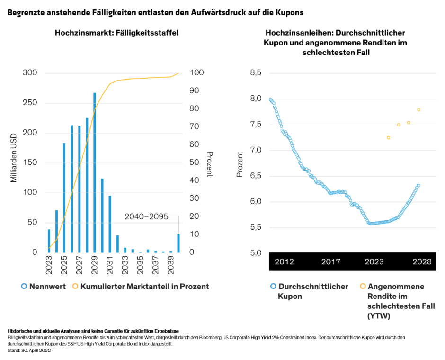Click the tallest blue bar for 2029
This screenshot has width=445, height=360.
(95, 172)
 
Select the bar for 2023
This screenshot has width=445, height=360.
(49, 241)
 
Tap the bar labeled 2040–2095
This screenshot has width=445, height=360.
(178, 243)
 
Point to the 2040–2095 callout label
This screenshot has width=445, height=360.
(146, 216)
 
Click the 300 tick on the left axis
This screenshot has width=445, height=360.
(30, 73)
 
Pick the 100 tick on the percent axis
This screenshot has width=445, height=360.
(197, 73)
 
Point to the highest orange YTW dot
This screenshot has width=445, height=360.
(418, 110)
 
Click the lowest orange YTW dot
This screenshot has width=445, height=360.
(388, 138)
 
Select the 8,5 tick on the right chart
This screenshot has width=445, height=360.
(256, 73)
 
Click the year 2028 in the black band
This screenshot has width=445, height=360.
(421, 262)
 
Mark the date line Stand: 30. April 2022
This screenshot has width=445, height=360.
(29, 351)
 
